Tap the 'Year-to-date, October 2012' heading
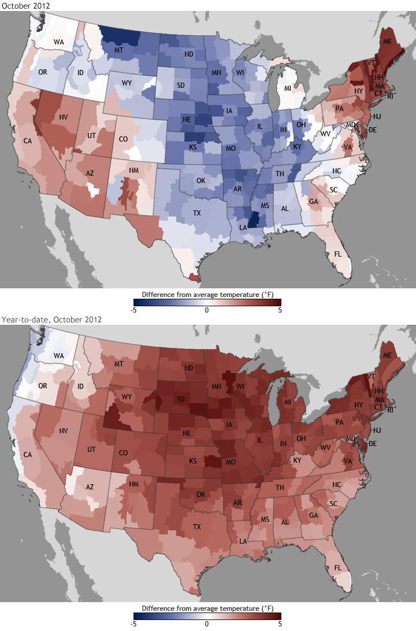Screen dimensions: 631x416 pyautogui.click(x=51, y=320)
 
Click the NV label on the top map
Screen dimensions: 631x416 pyautogui.click(x=65, y=117)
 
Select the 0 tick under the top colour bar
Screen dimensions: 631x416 pyautogui.click(x=207, y=310)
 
